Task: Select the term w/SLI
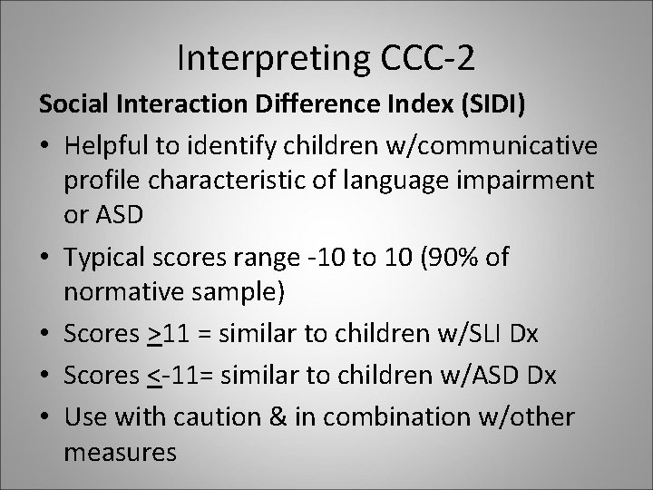471,334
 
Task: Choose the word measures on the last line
122,450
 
